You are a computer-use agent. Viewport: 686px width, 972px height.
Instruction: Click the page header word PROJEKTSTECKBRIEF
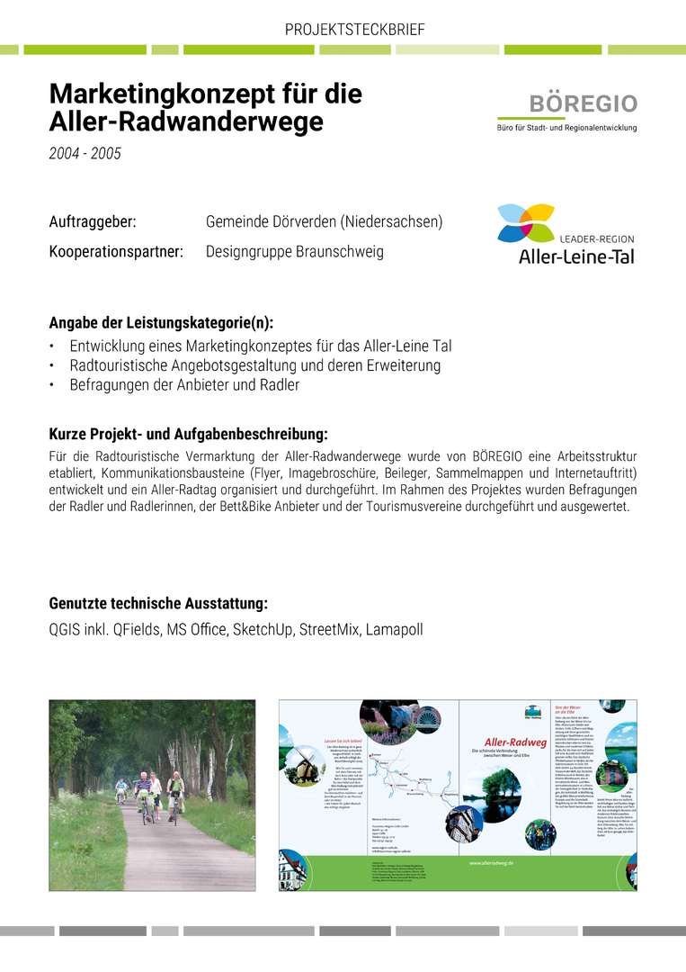(x=354, y=30)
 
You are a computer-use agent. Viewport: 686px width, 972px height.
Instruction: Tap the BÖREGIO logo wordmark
(x=584, y=103)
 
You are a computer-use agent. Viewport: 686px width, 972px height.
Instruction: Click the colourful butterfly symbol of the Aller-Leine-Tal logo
(x=526, y=222)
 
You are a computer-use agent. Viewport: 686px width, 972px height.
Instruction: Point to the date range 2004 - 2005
(x=85, y=153)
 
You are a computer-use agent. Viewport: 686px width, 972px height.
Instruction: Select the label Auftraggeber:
(x=93, y=221)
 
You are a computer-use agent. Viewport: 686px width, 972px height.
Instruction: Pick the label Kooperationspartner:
(x=116, y=252)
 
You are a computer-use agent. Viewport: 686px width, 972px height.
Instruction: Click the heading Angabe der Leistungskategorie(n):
(x=161, y=323)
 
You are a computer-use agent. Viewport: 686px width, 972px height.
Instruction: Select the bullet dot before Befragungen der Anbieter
(x=53, y=385)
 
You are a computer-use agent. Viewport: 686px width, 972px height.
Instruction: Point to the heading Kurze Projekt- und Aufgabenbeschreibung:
(x=188, y=434)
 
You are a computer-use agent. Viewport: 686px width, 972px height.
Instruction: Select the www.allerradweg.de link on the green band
(x=491, y=863)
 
